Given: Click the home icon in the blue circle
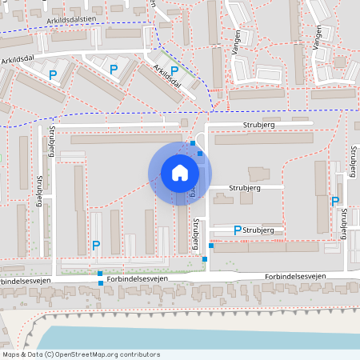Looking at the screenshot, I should [179, 172].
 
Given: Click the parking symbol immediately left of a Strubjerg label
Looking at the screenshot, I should [237, 230].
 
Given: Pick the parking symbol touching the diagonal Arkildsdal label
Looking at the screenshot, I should [174, 70].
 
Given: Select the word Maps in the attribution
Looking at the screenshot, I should [10, 354].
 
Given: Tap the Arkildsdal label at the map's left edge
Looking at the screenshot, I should [15, 59].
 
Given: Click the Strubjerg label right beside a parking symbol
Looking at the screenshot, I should [258, 230].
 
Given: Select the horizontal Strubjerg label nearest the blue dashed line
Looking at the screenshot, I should [258, 126].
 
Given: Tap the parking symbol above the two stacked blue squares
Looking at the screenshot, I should [96, 245].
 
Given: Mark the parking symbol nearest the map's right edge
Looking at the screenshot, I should [335, 202].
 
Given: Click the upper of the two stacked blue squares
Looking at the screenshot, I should [100, 274].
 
